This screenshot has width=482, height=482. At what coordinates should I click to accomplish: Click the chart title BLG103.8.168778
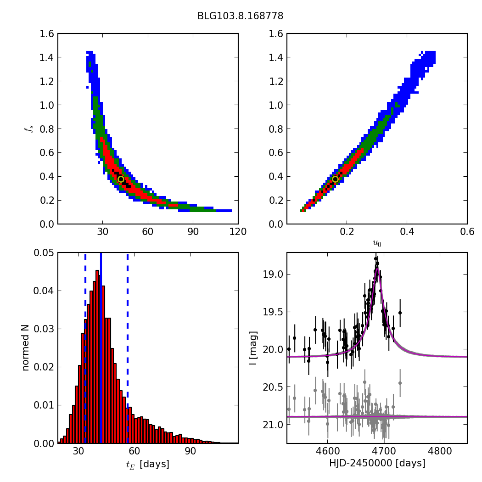click(240, 16)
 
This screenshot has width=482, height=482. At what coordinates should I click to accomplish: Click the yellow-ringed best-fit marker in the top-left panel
click(121, 179)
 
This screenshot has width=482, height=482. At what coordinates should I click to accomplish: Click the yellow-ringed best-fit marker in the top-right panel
click(335, 179)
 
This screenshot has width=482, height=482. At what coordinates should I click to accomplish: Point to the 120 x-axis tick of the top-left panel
click(238, 232)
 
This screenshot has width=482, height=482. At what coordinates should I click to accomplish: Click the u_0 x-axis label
click(377, 244)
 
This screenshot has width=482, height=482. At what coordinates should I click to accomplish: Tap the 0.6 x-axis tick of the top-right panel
click(467, 232)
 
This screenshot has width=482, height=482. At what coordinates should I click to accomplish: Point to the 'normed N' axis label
click(25, 347)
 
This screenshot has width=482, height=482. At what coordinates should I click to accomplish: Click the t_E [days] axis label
click(148, 464)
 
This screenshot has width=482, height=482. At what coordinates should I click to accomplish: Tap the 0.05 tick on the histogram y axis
click(45, 253)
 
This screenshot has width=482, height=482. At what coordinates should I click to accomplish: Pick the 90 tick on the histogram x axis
click(191, 451)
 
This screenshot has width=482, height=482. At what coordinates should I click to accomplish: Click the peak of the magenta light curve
click(376, 269)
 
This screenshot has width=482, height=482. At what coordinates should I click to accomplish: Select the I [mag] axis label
click(253, 347)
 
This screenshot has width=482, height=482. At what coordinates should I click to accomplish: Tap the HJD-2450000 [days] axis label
click(377, 464)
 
